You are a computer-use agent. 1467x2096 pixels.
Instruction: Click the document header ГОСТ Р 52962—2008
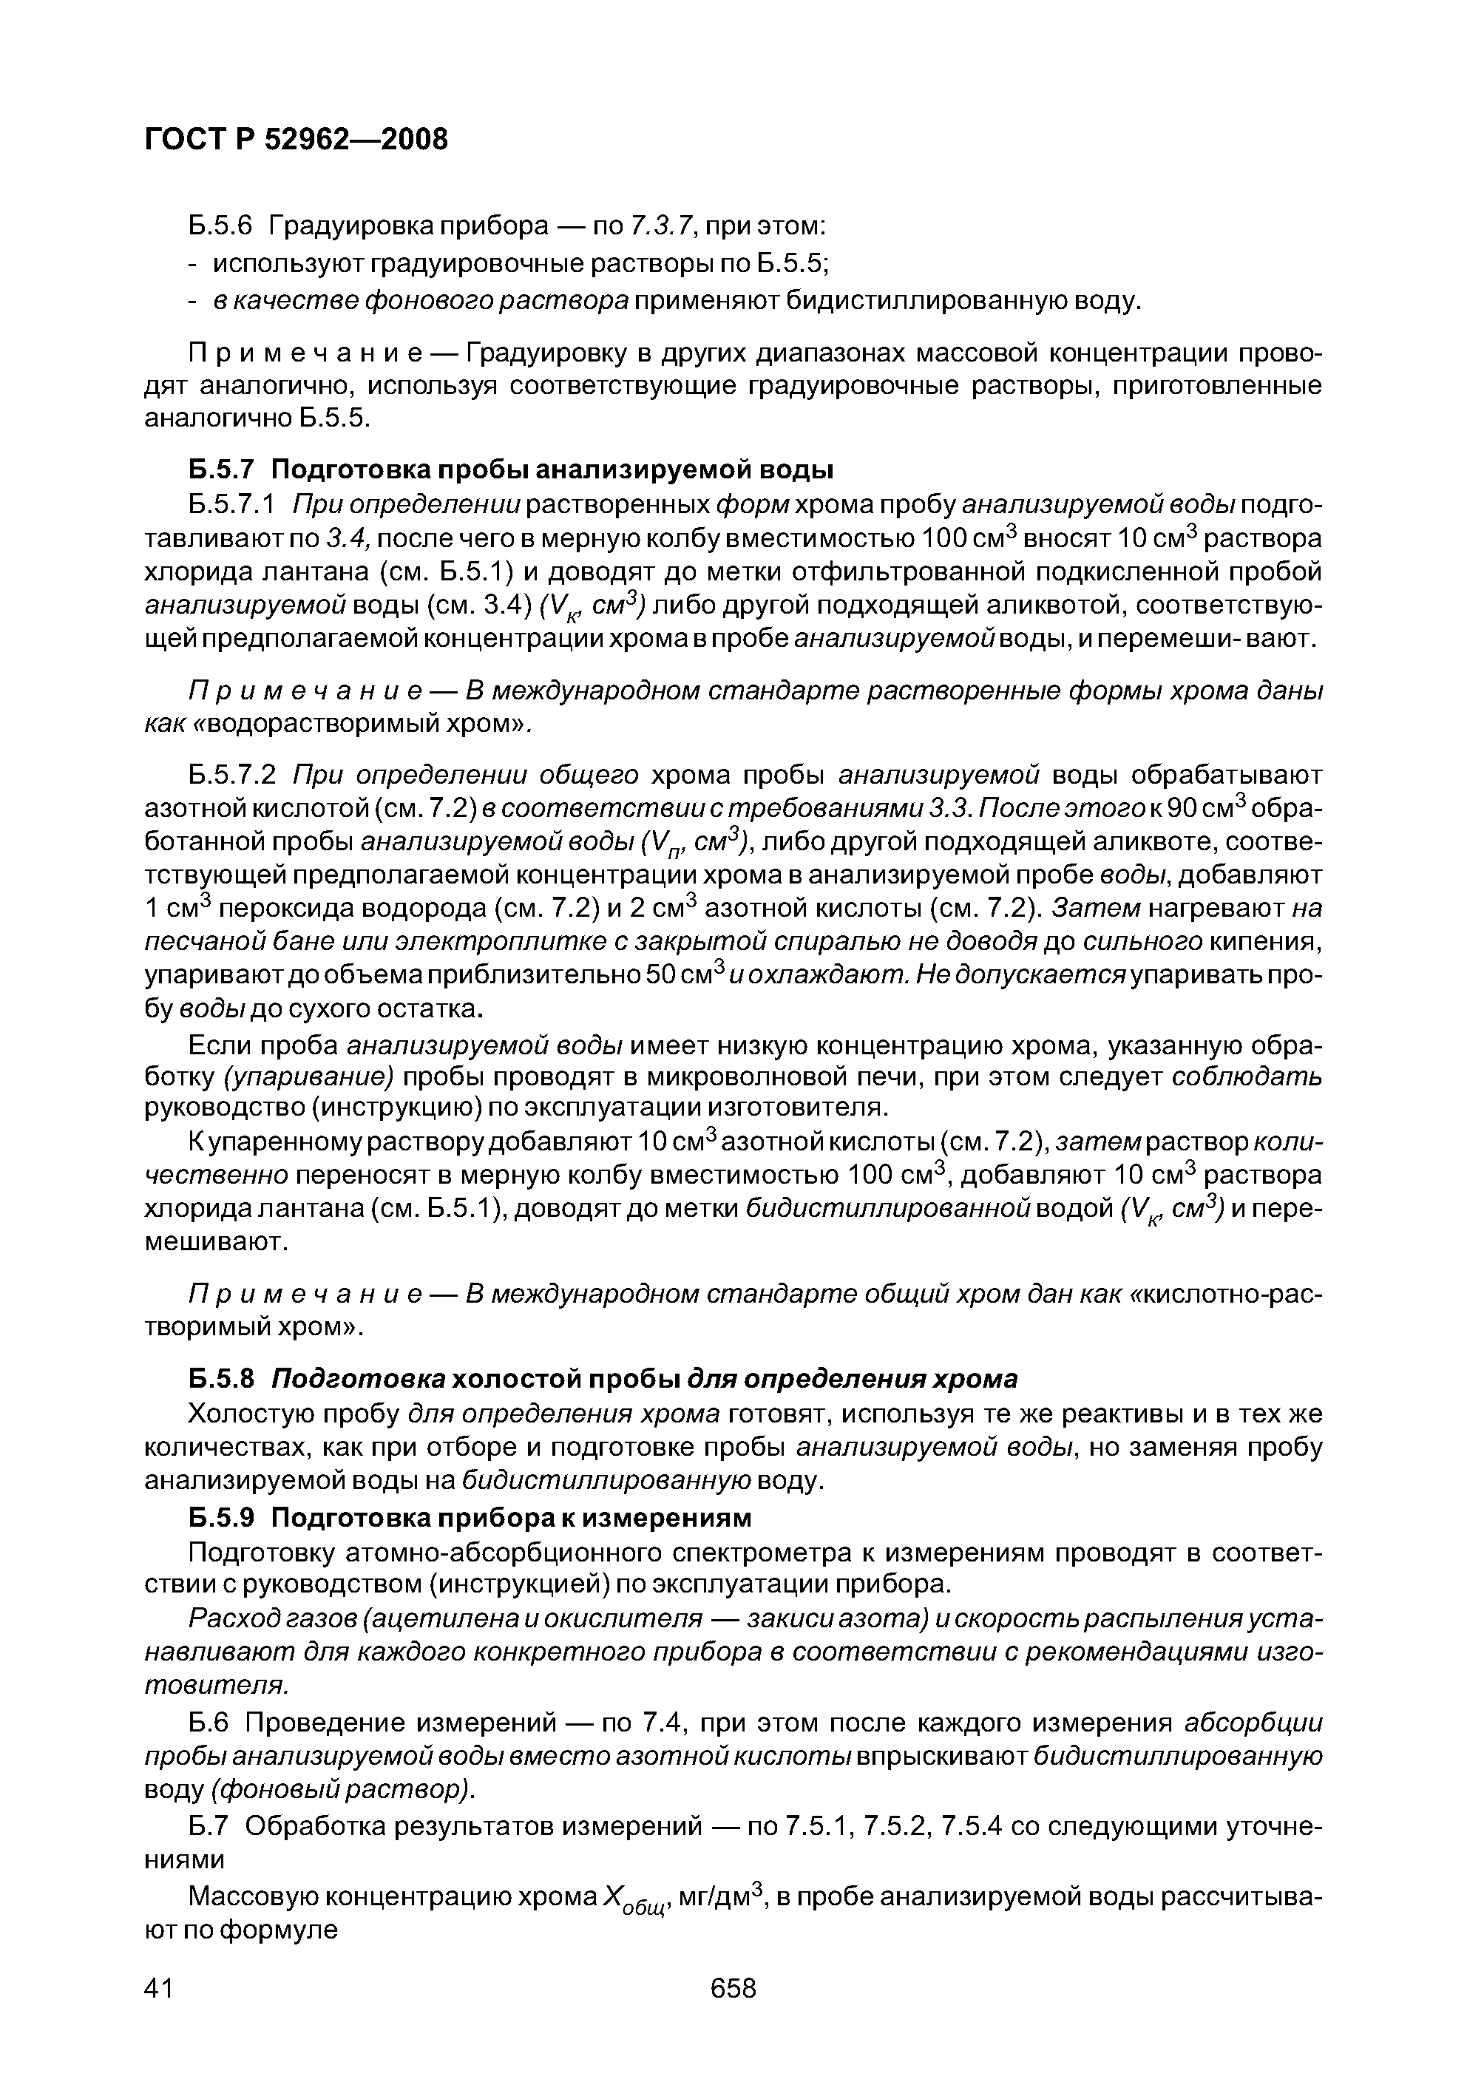297,140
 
